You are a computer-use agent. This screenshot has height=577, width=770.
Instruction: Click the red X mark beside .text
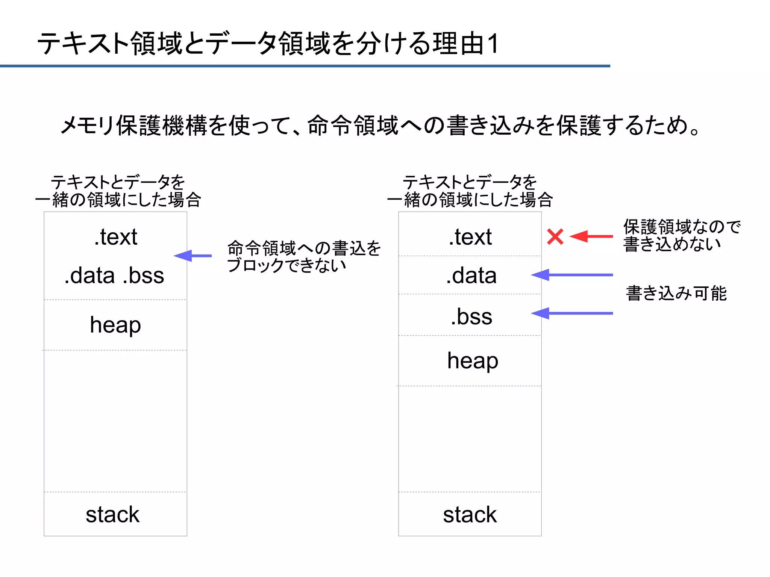click(x=555, y=236)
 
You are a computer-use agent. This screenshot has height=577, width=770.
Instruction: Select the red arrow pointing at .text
click(x=591, y=236)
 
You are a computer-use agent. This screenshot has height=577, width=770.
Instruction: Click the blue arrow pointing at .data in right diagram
click(x=571, y=275)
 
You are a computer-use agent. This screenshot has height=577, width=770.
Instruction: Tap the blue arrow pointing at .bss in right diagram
click(x=571, y=313)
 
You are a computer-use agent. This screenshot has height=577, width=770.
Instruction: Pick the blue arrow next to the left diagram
click(x=192, y=256)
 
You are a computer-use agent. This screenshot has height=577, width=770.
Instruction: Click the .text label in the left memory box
click(x=115, y=237)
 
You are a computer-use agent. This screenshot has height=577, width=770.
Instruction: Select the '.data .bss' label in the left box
click(x=114, y=275)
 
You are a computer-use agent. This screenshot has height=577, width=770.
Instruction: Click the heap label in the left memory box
click(x=115, y=324)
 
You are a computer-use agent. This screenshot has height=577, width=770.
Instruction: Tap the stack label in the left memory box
click(x=112, y=514)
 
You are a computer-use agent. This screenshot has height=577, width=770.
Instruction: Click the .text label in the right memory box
click(x=470, y=237)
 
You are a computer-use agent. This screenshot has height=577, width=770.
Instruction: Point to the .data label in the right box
click(x=471, y=275)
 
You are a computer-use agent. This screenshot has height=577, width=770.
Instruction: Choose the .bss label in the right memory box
click(x=471, y=317)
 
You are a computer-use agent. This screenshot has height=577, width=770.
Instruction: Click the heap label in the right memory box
click(x=473, y=360)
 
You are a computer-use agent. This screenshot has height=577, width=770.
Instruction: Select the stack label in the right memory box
click(x=470, y=514)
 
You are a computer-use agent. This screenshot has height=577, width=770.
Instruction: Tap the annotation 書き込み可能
click(x=676, y=293)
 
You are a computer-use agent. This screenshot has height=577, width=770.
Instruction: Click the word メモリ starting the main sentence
click(x=87, y=125)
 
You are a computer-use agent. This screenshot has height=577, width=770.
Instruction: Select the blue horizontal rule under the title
click(x=305, y=66)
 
